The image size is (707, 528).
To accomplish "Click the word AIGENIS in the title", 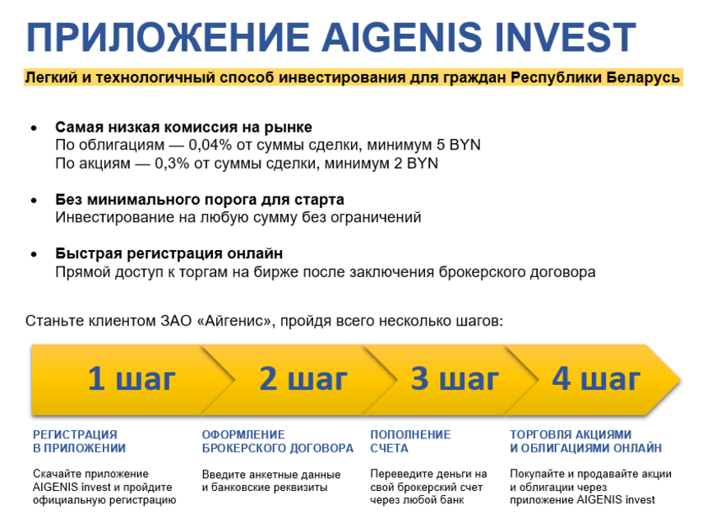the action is (x=402, y=37).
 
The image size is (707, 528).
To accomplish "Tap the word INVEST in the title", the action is (x=566, y=37).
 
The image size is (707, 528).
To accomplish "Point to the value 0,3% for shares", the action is (x=172, y=163).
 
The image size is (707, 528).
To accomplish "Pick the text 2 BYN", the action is (x=416, y=163).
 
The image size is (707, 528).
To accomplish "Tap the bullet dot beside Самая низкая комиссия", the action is (x=34, y=128).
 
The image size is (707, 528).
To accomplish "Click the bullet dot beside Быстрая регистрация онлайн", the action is (x=34, y=255).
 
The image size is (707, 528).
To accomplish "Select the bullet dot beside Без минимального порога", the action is (x=34, y=201).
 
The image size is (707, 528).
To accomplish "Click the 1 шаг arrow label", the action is (x=132, y=378).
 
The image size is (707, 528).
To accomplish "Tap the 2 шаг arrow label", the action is (x=303, y=378).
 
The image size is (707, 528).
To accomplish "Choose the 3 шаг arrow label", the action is (x=455, y=378).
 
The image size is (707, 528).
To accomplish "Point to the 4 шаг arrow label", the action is (x=596, y=378).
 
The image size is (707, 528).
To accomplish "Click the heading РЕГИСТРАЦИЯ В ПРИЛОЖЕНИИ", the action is (x=80, y=442).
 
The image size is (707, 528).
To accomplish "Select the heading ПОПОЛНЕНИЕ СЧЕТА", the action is (x=410, y=442).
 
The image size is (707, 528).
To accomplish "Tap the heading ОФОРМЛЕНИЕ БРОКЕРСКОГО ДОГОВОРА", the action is (x=278, y=442).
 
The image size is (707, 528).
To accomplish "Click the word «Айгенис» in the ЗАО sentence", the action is (x=236, y=321).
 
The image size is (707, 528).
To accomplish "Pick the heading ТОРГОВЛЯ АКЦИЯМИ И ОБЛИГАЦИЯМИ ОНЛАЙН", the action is (x=585, y=442).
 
